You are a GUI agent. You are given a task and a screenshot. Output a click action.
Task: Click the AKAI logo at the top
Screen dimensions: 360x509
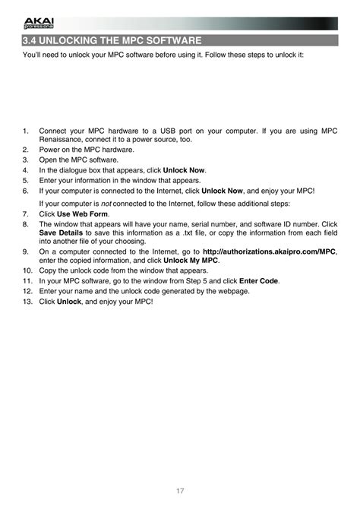click(35, 24)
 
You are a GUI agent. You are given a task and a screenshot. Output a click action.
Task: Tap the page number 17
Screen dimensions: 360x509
click(180, 490)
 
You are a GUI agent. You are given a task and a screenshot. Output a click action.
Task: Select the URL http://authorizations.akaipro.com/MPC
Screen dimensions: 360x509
click(270, 250)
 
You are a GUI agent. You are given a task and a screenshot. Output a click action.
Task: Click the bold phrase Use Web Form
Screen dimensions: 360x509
click(83, 214)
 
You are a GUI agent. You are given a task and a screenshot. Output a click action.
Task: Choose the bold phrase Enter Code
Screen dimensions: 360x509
click(259, 280)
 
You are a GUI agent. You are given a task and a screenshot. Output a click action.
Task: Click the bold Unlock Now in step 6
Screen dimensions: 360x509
click(228, 191)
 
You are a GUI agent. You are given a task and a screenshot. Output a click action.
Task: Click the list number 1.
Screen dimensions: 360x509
click(26, 131)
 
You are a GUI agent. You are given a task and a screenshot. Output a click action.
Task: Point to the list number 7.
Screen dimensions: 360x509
click(26, 214)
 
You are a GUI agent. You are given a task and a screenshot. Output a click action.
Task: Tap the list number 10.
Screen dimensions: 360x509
click(27, 270)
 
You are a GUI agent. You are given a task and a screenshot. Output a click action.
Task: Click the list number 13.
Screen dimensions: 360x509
click(27, 302)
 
